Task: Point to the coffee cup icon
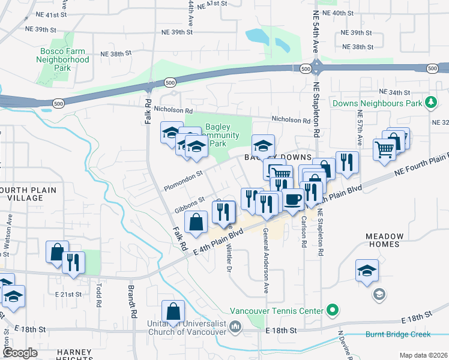point(292,199)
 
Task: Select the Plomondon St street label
point(182,179)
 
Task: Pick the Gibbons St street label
point(190,205)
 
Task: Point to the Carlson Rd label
point(303,234)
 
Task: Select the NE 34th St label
point(395,92)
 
